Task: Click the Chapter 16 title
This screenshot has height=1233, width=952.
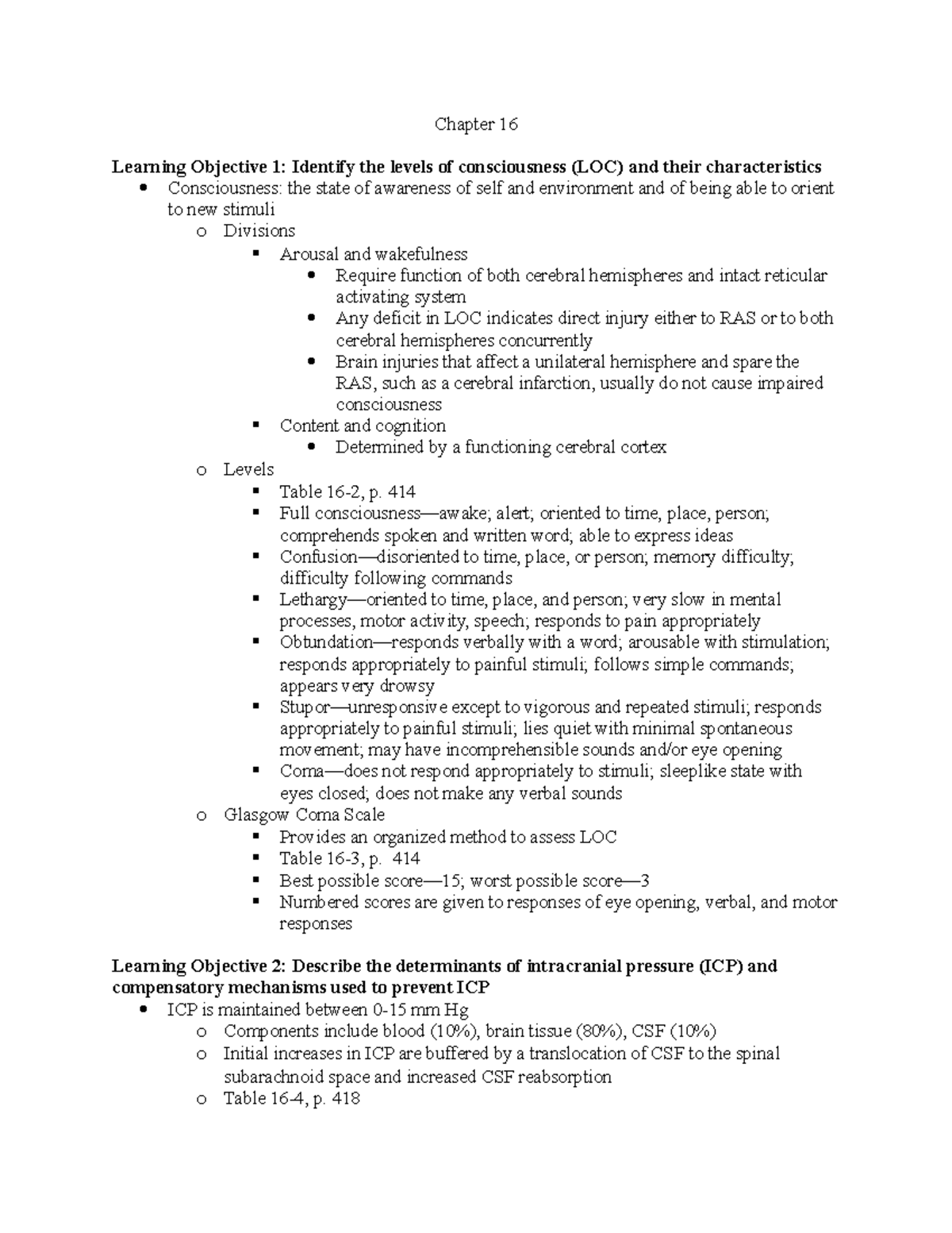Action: pos(475,125)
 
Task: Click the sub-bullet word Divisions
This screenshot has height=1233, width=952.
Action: pos(259,231)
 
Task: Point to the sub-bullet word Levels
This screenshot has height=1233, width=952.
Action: pos(248,469)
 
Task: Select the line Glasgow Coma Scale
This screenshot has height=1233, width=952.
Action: pos(304,815)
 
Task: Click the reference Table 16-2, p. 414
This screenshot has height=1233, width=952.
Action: pos(347,491)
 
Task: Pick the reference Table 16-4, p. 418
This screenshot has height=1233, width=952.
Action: pos(292,1099)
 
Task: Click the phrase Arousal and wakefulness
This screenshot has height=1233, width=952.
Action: pos(373,254)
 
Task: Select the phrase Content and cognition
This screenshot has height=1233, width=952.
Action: pos(363,426)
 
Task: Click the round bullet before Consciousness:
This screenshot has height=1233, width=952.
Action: pos(144,188)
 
